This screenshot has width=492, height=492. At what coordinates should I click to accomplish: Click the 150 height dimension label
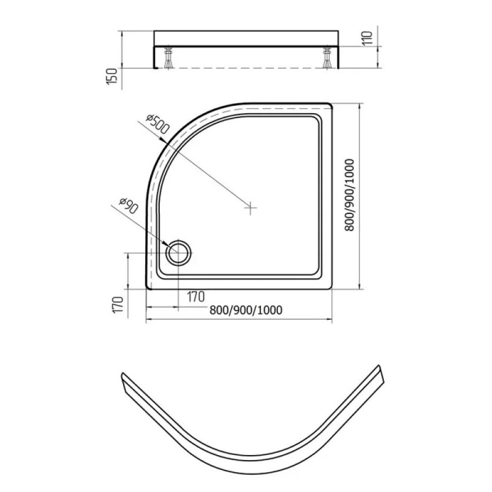click(x=112, y=76)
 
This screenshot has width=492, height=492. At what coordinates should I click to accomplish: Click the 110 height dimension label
click(x=367, y=38)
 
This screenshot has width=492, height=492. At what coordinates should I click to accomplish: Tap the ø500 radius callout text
click(x=158, y=124)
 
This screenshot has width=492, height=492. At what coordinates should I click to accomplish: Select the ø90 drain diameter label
click(x=129, y=206)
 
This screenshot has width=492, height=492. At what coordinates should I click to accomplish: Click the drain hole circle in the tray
click(x=178, y=253)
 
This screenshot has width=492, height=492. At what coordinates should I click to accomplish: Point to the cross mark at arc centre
click(x=250, y=207)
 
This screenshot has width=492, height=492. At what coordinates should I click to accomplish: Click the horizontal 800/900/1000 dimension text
click(x=245, y=310)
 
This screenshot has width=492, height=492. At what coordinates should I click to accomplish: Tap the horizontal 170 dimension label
click(x=196, y=296)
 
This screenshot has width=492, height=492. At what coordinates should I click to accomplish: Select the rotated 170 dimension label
click(x=117, y=304)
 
